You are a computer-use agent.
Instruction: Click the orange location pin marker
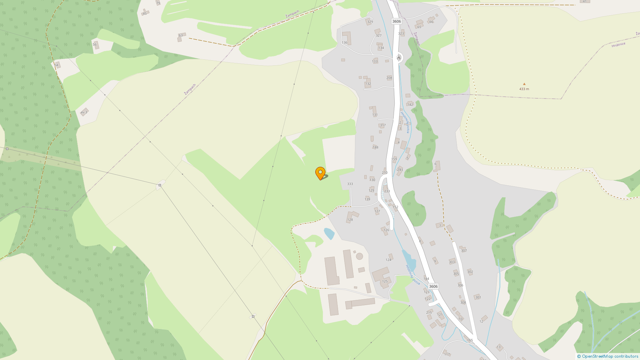point(320,173)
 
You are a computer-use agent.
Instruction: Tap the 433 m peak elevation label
point(524,89)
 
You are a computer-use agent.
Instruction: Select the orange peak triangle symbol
point(524,84)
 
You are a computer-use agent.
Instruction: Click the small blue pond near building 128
point(329,233)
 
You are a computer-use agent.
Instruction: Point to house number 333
point(350,184)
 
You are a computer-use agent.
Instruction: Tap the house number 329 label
point(370,22)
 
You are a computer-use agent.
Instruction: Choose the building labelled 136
point(347,38)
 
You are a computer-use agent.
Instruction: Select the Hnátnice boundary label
point(618,45)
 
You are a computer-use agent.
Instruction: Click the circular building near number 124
point(359,256)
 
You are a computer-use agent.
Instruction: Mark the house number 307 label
point(464,251)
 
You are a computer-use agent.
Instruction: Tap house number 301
point(478,297)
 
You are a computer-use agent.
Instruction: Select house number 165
point(470,340)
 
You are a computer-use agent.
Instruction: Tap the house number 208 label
point(389,78)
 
